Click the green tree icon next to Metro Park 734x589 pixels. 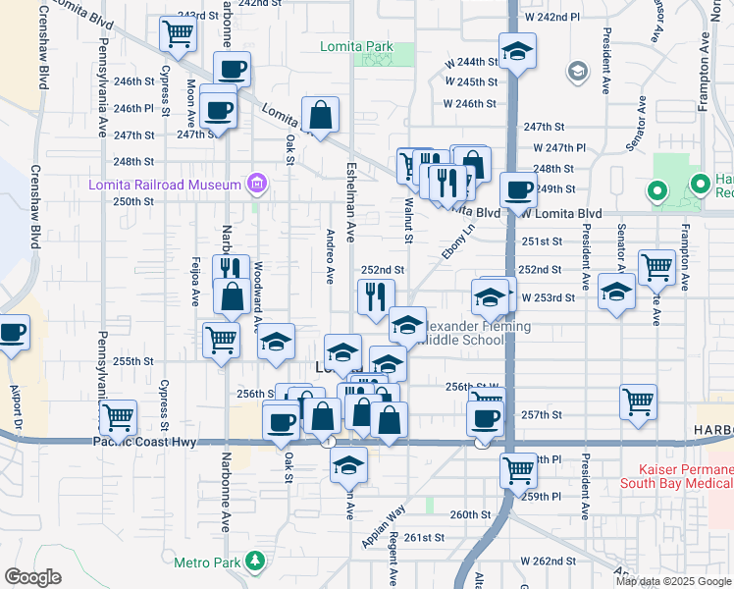tap(255, 562)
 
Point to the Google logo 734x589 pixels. tap(33, 577)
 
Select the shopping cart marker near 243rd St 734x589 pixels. tap(179, 34)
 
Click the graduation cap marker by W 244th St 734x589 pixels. tap(517, 52)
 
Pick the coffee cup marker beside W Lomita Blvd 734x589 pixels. tap(517, 189)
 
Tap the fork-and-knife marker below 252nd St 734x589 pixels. tap(376, 295)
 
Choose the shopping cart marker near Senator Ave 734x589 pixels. tap(655, 266)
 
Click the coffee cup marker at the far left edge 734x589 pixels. tap(13, 333)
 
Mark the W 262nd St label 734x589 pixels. tap(550, 562)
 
